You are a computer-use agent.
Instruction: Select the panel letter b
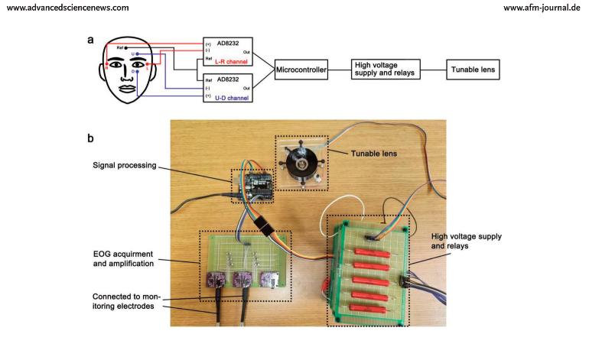tap(90, 139)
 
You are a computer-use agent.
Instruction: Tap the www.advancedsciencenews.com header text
tap(64, 8)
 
